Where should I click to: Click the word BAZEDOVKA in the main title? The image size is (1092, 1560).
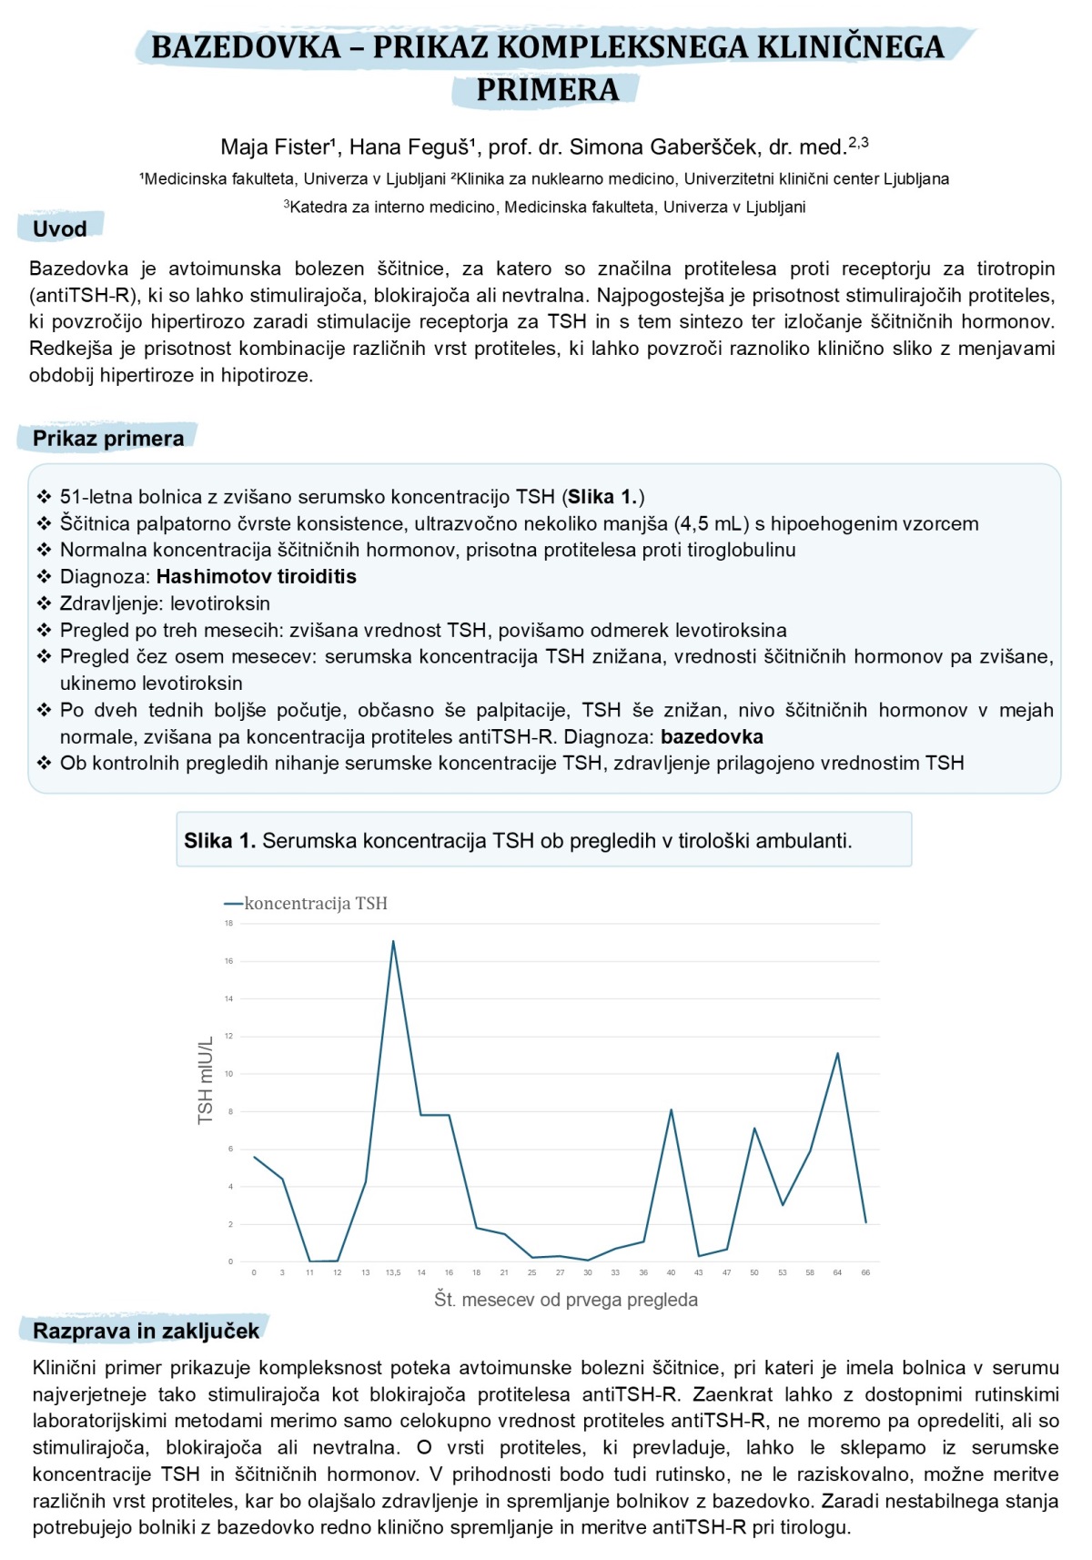coord(246,47)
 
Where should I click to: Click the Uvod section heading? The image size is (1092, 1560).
coord(60,228)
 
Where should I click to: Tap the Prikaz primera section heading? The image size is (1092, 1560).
coord(108,439)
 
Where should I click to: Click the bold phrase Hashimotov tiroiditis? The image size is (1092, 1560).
coord(257,576)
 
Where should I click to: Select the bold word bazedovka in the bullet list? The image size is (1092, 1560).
coord(712,736)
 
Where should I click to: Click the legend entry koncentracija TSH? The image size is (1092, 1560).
coord(315,903)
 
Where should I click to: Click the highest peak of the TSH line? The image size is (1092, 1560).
coord(393,941)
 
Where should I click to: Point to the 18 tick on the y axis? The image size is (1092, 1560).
coord(229,923)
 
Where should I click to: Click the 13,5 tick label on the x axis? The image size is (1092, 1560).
coord(393,1272)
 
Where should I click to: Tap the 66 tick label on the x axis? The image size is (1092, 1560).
coord(865,1272)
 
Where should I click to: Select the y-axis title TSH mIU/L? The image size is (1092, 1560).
coord(206,1079)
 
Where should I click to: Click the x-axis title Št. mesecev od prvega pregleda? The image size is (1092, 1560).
coord(566,1300)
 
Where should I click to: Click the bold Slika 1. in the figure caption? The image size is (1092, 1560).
coord(219,841)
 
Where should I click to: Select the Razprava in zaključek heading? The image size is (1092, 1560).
coord(146,1331)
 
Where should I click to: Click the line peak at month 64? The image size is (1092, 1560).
coord(837,1053)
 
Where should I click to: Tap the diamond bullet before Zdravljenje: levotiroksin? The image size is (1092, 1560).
coord(44,603)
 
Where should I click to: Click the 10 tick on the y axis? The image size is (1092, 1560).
coord(229,1074)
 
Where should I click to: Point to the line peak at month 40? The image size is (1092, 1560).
coord(671,1109)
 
